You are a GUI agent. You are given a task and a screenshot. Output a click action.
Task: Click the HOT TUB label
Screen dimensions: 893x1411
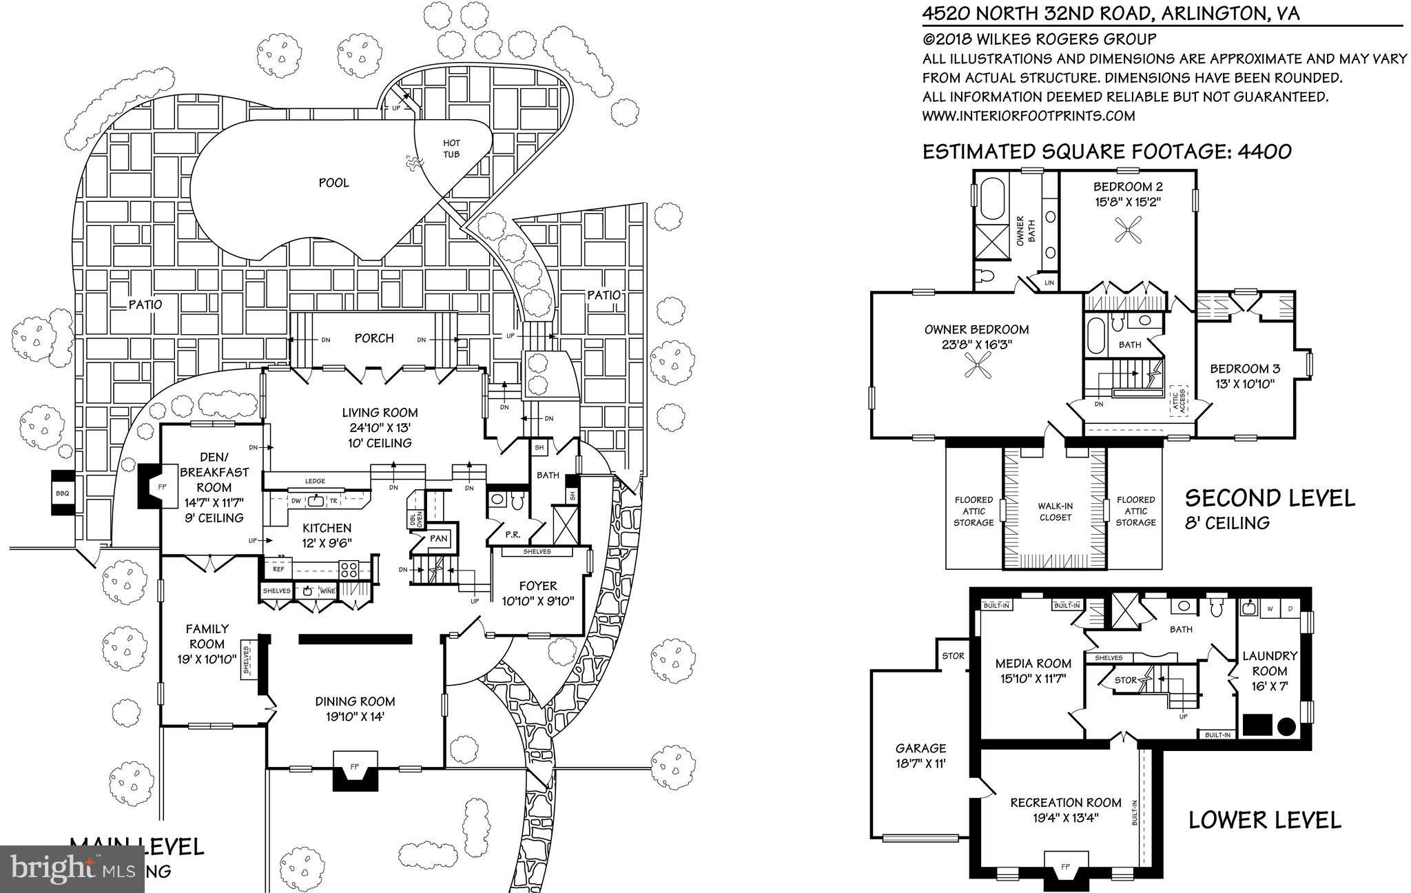tap(451, 148)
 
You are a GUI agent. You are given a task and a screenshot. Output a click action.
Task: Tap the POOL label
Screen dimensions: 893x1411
tap(333, 183)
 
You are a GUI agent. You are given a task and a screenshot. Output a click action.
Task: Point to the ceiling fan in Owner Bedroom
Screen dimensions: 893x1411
tap(977, 365)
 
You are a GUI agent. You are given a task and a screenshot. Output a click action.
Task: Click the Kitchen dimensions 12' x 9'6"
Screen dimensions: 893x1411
tap(327, 542)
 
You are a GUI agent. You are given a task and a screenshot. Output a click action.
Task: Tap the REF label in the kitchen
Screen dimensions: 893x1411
tap(278, 569)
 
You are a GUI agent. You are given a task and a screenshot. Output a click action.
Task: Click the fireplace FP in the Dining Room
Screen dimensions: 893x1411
tap(355, 766)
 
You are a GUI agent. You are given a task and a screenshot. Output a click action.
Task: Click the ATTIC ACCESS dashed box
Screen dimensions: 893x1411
tap(1177, 400)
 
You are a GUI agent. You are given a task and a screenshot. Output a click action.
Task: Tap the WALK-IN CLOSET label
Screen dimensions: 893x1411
tap(1055, 511)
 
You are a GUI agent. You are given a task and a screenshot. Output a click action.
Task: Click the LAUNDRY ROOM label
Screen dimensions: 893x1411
tap(1269, 663)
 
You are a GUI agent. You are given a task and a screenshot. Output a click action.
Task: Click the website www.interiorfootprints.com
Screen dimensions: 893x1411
tap(1029, 116)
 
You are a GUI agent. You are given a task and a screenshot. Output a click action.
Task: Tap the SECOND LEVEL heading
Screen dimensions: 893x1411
tap(1269, 497)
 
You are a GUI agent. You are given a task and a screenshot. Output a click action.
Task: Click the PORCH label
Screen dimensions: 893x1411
tap(374, 338)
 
